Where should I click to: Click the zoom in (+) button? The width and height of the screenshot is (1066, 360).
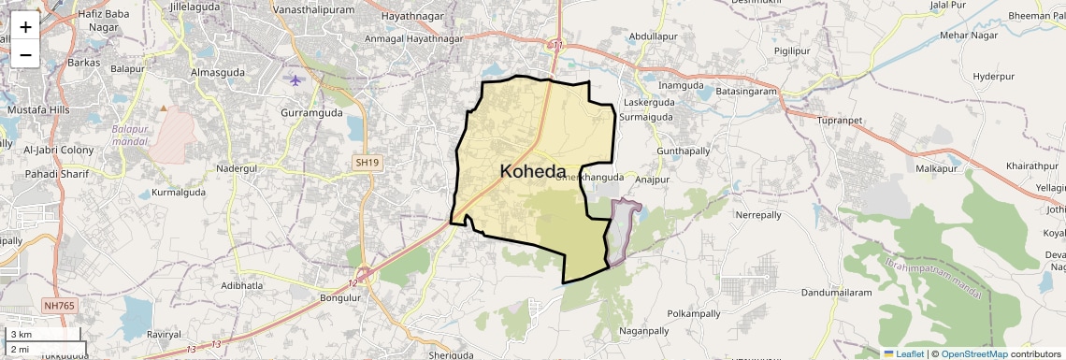point(25,27)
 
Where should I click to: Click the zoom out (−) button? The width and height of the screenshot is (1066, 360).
point(25,54)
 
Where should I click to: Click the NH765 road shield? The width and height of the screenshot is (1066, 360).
point(59,306)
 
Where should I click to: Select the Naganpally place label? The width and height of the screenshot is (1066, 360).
point(645,330)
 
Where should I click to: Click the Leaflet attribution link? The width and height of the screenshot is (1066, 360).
point(903,353)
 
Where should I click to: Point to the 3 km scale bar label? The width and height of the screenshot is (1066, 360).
point(21,334)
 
